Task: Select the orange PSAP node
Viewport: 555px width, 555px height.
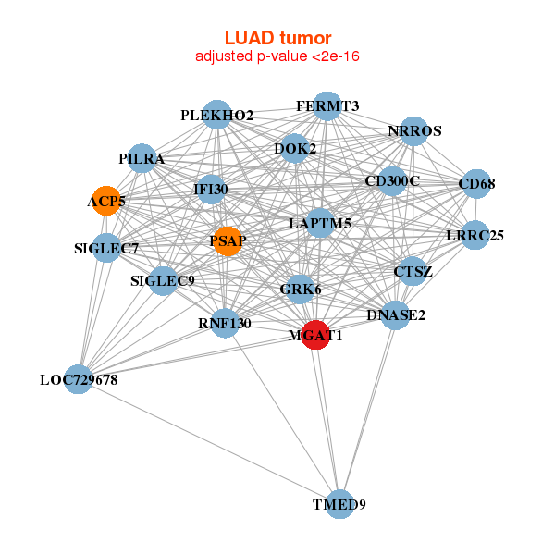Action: tap(227, 241)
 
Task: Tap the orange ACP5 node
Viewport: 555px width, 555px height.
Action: tap(106, 200)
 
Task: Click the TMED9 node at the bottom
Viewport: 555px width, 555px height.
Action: tap(340, 503)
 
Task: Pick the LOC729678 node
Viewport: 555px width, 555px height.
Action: tap(79, 378)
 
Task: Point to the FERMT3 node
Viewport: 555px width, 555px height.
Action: tap(327, 105)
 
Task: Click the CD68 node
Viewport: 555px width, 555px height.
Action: tap(475, 183)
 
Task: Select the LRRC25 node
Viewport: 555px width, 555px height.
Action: tap(475, 235)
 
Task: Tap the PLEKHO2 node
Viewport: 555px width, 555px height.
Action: tap(216, 115)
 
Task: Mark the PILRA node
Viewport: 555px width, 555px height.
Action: tap(141, 158)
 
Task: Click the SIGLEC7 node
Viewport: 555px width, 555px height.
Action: tap(106, 248)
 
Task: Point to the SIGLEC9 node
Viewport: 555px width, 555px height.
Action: tap(163, 280)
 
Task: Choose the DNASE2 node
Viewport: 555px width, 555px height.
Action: tap(395, 314)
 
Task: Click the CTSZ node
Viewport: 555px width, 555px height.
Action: tap(413, 271)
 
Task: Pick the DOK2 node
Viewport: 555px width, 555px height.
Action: tap(294, 148)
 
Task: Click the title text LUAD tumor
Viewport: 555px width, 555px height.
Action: tap(277, 38)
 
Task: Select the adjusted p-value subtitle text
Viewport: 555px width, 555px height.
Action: tap(277, 56)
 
